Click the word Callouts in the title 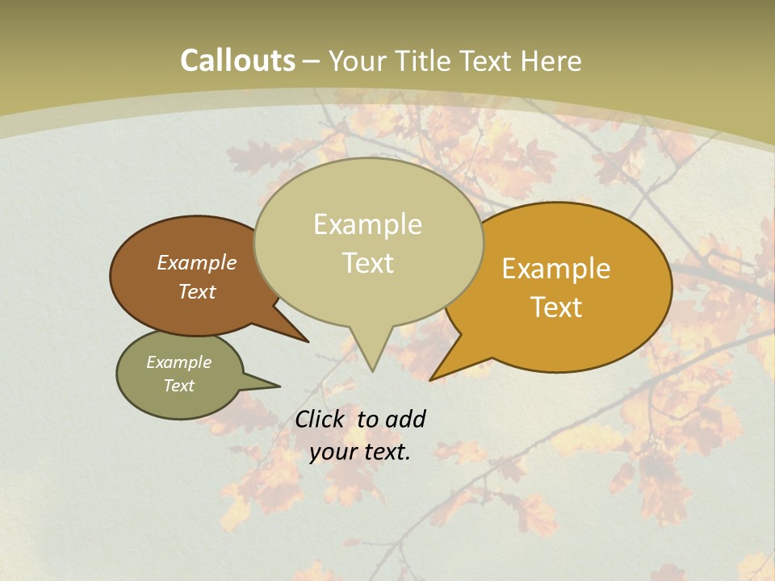(237, 61)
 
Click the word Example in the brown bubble (197, 262)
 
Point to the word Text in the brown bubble (197, 291)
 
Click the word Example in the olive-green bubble (179, 362)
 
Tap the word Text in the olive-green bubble (179, 386)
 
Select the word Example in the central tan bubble (367, 224)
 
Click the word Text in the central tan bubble (367, 263)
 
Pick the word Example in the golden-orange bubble (556, 269)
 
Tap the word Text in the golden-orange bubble (557, 307)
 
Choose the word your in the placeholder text (332, 452)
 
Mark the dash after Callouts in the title (312, 61)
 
